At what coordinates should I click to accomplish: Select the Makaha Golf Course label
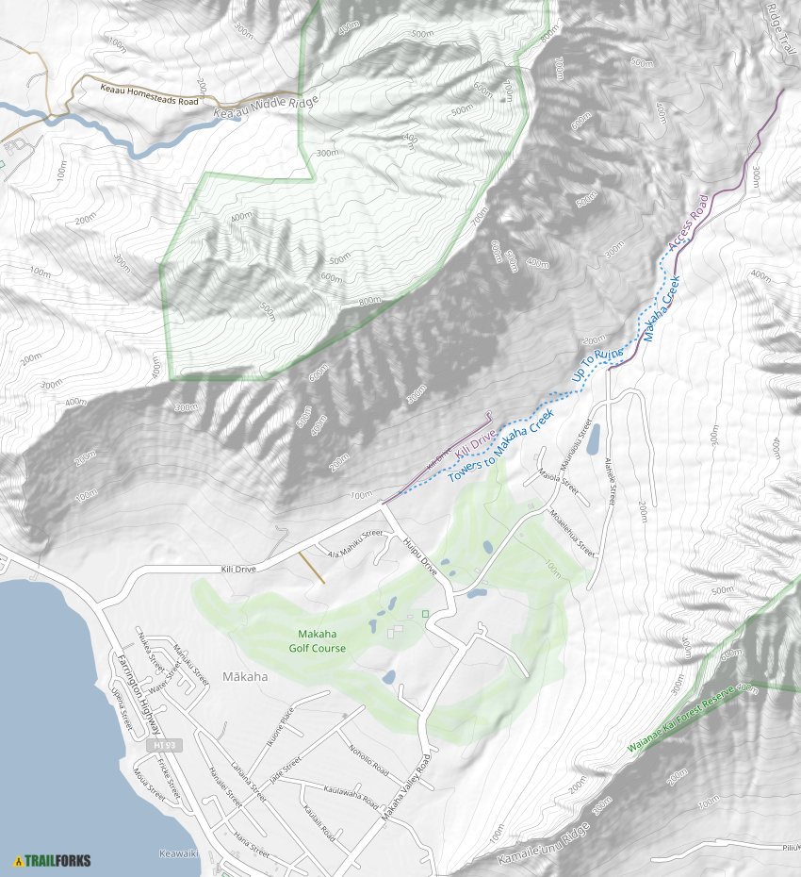tap(317, 641)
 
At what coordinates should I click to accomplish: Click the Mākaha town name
tap(245, 676)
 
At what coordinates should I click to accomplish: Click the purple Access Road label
tap(687, 223)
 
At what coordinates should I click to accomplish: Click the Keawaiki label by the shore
tap(179, 853)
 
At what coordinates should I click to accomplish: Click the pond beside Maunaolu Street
tap(592, 439)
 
